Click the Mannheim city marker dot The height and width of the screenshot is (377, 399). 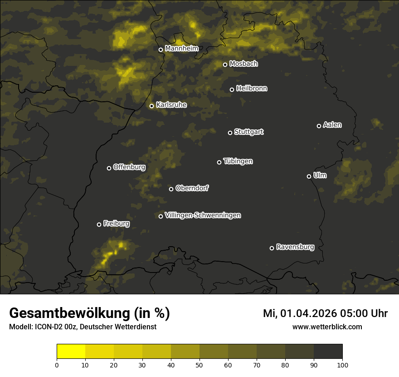coord(161,50)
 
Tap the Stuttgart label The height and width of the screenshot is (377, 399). coord(248,132)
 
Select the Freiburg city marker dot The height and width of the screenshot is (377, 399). coord(99,224)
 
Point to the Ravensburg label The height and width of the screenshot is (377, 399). coord(295,247)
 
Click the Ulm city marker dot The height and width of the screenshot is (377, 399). coord(309,176)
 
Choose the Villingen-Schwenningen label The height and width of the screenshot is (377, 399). coord(203,215)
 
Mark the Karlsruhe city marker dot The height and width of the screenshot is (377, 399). coord(151,106)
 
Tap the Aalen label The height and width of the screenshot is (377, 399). coord(332,125)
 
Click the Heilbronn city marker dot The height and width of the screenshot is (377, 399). coord(232,89)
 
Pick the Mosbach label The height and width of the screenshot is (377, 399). coord(243,64)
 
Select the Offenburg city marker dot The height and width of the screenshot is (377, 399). coord(109,168)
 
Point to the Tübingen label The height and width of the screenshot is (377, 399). coord(238,161)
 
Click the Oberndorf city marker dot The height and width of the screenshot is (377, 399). coord(171,189)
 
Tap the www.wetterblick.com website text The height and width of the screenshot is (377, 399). coord(327,327)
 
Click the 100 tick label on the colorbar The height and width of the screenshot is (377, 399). coord(342,365)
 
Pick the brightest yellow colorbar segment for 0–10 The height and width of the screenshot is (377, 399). coord(71,352)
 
